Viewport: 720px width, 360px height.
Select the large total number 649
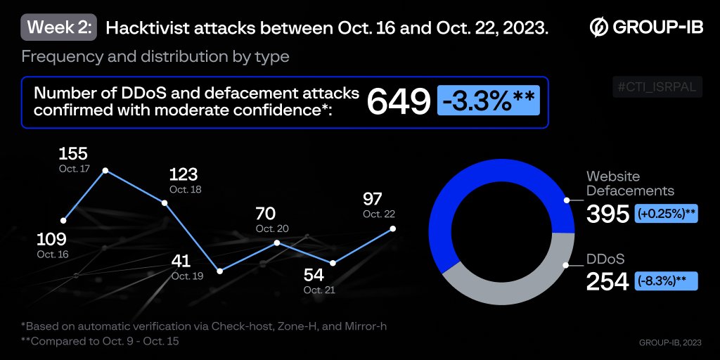398,103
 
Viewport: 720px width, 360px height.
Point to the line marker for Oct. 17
105,170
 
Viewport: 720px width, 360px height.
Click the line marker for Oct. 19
220,271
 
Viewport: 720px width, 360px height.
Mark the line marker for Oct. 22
392,229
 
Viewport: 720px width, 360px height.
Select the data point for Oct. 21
333,264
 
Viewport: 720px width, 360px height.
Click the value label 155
73,154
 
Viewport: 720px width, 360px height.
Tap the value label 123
184,174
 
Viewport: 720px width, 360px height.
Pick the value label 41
181,262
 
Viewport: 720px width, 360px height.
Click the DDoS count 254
608,281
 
